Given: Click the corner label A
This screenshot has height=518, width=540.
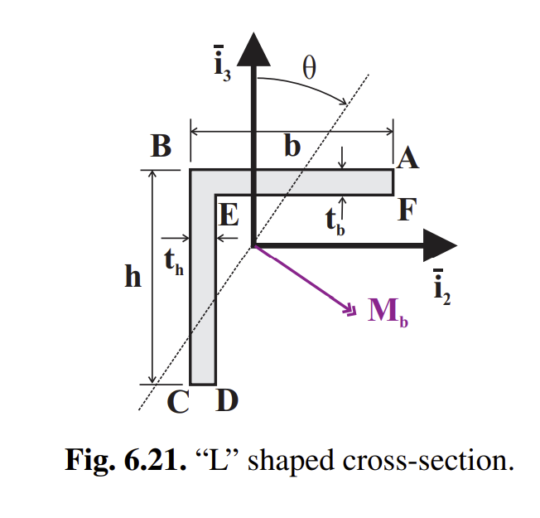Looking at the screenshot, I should tap(407, 157).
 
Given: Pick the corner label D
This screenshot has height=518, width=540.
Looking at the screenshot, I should tap(226, 402).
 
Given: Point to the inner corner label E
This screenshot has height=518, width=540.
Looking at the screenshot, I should tap(229, 216).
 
